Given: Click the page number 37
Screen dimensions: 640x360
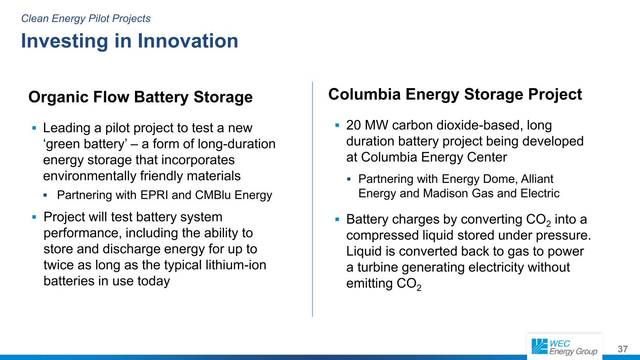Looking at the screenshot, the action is tap(623, 349).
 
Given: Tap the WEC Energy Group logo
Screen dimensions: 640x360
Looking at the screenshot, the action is tap(565, 347).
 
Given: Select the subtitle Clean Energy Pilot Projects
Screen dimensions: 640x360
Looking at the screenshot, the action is tap(86, 19).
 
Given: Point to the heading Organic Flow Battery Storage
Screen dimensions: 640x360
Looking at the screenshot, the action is tap(141, 97).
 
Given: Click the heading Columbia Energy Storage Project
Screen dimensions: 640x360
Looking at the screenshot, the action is tap(455, 95).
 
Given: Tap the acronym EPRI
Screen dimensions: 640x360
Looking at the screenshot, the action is tap(154, 195).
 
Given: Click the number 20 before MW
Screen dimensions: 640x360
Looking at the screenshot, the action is tap(354, 125).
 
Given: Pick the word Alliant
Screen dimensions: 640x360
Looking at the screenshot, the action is tap(537, 179).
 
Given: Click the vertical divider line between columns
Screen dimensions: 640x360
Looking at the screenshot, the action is tap(312, 199).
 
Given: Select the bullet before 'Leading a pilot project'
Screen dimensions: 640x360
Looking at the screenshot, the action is tap(34, 128).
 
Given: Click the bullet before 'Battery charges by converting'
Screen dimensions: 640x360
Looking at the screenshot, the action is tap(337, 219).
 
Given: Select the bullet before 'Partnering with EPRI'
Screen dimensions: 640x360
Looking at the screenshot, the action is tap(45, 195).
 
